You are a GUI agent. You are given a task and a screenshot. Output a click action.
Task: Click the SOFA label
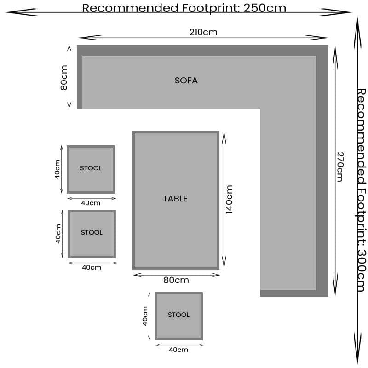186,80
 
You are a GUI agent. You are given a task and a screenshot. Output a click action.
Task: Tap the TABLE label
175,199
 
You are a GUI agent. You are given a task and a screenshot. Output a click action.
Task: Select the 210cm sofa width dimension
203,32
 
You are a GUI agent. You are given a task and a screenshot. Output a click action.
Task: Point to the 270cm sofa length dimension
339,167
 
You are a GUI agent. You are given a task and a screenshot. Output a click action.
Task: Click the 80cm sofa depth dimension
64,77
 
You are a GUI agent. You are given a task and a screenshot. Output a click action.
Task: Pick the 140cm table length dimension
229,199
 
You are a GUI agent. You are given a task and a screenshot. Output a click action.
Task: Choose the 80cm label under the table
176,280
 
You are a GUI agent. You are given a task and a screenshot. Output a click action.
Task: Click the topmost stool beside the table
91,169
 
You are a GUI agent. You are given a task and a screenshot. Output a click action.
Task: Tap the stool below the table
178,316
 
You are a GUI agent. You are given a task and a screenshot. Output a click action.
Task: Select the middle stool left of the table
92,233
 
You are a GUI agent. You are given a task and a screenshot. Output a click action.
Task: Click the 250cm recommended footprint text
184,8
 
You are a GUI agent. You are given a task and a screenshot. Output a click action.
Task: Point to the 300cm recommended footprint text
362,190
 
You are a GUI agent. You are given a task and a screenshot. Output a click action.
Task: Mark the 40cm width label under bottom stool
178,350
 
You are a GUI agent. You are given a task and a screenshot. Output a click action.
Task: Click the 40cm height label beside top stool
57,169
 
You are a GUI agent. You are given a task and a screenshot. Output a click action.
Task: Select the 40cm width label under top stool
91,203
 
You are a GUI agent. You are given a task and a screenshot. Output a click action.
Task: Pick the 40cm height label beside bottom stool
145,316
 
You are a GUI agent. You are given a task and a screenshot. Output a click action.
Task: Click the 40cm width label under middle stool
92,267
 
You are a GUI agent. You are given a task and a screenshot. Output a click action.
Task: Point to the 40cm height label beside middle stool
58,234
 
